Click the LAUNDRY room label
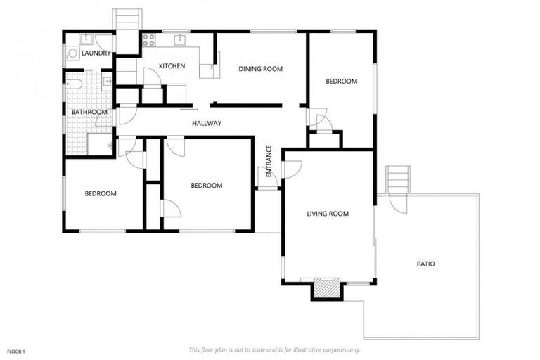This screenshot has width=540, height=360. click(95, 53)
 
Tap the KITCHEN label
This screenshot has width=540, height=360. click(172, 66)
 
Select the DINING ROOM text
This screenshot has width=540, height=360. click(260, 68)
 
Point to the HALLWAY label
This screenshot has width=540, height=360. click(207, 124)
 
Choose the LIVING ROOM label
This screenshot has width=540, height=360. click(328, 214)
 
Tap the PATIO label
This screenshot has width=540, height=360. click(425, 264)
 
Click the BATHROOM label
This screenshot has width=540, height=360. click(89, 112)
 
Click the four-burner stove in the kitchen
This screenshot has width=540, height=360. click(149, 40)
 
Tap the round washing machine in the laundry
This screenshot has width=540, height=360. click(72, 53)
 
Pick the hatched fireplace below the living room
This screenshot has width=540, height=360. click(326, 288)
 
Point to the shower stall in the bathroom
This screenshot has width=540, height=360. click(101, 143)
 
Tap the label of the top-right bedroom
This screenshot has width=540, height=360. click(341, 82)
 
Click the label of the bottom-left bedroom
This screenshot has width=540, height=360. click(101, 193)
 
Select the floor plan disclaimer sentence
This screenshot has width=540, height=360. click(274, 349)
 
